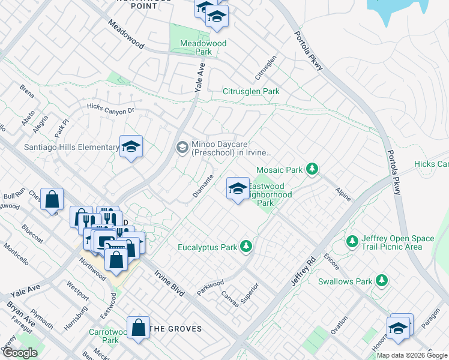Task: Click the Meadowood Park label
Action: [203, 47]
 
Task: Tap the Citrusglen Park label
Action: [251, 91]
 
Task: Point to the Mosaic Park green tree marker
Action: [312, 170]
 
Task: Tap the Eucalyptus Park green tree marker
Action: [246, 246]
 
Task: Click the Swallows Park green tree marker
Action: [381, 281]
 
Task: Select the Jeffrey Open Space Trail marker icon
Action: [352, 242]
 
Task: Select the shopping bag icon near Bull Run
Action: [52, 199]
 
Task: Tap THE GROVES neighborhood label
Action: [175, 329]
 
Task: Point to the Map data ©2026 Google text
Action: [412, 355]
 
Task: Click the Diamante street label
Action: [203, 187]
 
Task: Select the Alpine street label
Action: [343, 193]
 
